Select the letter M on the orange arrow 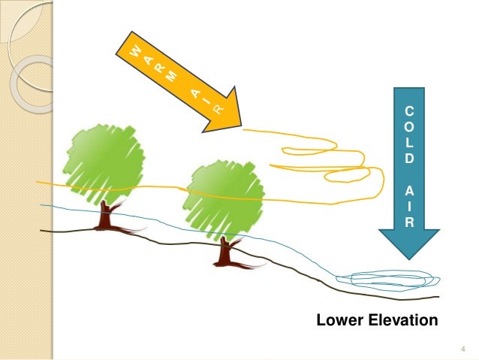pos(173,75)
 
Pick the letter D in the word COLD pos(408,158)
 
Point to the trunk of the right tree pos(224,252)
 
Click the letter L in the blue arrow pos(408,143)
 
